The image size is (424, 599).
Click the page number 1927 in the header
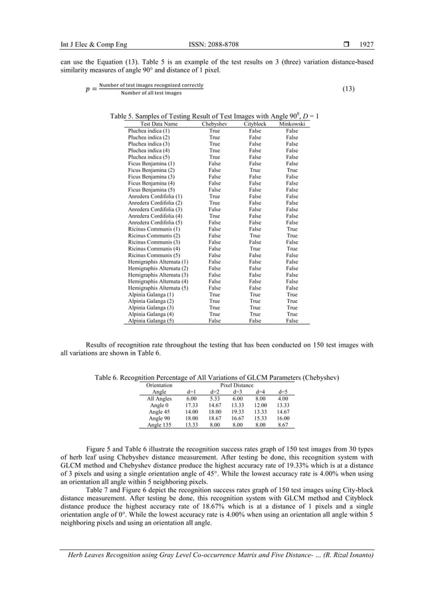[x=366, y=44]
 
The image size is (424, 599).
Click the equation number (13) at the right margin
[x=347, y=88]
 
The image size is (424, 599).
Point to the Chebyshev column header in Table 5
[x=215, y=124]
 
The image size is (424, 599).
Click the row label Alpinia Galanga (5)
[x=151, y=320]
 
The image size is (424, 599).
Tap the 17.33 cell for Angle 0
[x=191, y=405]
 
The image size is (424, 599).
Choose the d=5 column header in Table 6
[x=283, y=392]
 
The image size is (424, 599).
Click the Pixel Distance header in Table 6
[x=237, y=385]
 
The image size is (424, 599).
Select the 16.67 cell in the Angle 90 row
[x=237, y=418]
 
